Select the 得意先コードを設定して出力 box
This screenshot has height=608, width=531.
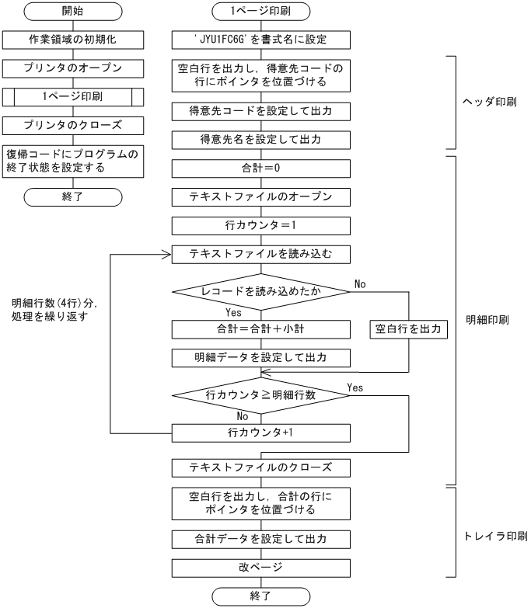pos(260,111)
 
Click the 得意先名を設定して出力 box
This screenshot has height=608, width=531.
pos(260,141)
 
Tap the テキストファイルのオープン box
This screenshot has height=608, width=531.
pos(260,196)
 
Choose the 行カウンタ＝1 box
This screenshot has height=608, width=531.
pos(260,226)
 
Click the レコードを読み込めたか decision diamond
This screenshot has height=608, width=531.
pos(260,292)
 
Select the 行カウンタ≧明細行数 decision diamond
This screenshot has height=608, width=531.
pos(260,396)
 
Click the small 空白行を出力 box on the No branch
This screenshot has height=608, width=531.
pos(408,328)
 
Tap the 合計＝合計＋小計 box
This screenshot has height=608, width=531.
pos(260,328)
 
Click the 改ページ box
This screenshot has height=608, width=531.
pos(260,568)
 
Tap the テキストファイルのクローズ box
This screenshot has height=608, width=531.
pos(260,467)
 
